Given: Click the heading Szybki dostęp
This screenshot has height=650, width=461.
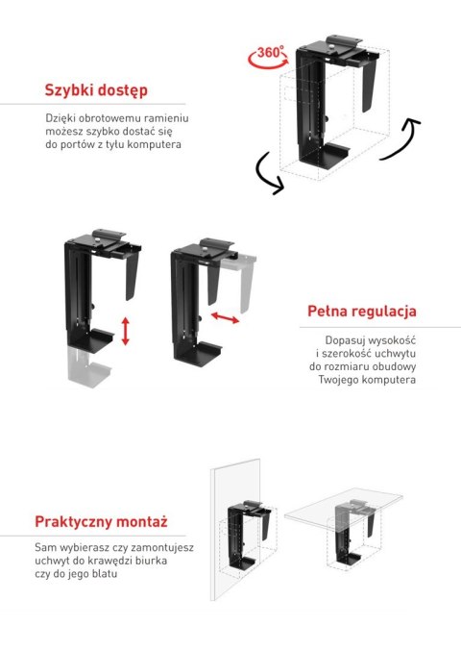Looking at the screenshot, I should click(x=96, y=91).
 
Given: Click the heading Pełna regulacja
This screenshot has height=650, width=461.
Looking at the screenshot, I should click(x=362, y=312).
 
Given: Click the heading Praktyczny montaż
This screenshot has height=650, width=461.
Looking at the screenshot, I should click(x=101, y=522).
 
